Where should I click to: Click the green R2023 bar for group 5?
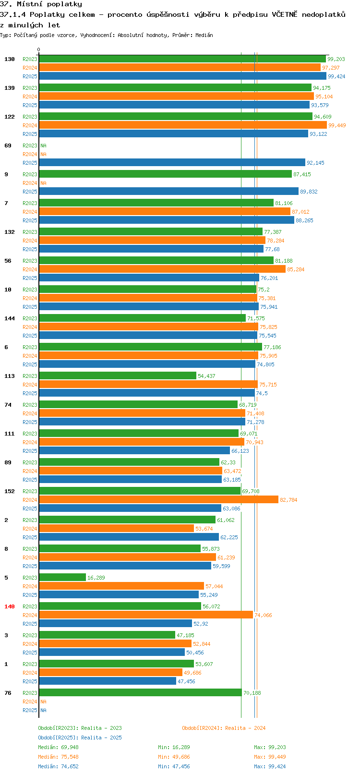click(x=62, y=577)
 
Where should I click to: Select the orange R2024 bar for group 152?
click(x=159, y=499)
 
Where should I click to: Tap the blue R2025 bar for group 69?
click(x=172, y=162)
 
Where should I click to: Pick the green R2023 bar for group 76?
click(x=141, y=692)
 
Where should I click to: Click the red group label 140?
click(x=9, y=606)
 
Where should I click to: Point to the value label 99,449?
click(x=337, y=125)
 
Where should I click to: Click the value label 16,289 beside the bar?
click(x=96, y=578)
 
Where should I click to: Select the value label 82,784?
click(x=288, y=499)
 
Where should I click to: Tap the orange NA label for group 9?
click(x=43, y=182)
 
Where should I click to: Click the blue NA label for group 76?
click(x=43, y=710)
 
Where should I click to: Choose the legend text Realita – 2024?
click(x=245, y=728)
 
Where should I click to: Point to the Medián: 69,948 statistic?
click(x=58, y=747)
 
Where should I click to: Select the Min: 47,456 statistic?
click(x=174, y=766)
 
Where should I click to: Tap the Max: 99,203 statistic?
click(x=270, y=747)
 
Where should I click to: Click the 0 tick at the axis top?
click(x=38, y=49)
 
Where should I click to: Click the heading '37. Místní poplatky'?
click(x=41, y=4)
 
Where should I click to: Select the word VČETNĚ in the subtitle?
click(x=284, y=14)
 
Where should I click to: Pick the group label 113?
click(x=9, y=376)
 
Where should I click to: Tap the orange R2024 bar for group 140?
click(x=146, y=615)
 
